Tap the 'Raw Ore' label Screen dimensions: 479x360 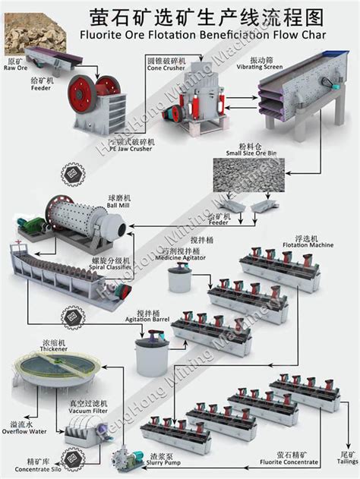(x=16, y=67)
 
